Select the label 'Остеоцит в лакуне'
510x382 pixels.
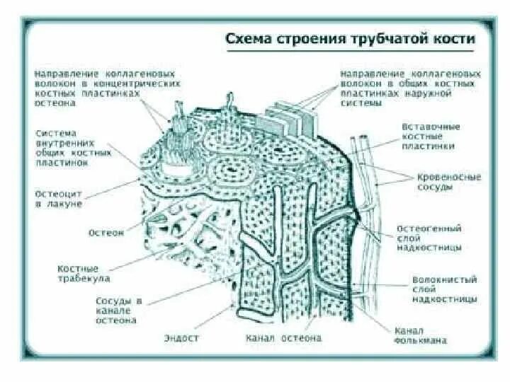click(58, 197)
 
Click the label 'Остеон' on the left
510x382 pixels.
click(106, 232)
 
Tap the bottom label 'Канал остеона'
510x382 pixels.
click(283, 338)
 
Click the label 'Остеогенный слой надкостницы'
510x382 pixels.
click(439, 238)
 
